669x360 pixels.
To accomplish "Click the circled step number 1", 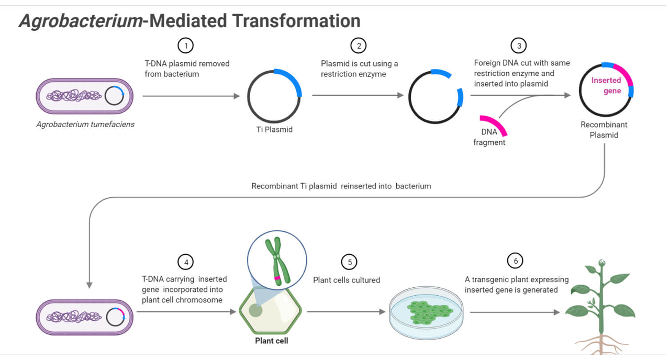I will (x=185, y=46).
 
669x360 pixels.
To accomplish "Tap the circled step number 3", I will (x=518, y=46).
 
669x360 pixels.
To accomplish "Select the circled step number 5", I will (x=349, y=262).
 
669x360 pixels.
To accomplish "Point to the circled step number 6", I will (x=515, y=261).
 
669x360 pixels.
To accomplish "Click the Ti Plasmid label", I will (x=274, y=129).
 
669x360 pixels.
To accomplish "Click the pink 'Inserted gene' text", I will (x=606, y=85).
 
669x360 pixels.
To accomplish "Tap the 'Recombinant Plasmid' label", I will (x=604, y=130).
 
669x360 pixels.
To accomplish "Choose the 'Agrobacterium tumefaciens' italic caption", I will (x=85, y=125).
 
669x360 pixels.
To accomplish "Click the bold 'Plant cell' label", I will (x=271, y=341).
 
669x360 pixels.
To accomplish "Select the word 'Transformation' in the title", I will (x=296, y=21).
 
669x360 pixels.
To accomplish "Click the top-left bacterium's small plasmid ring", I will (x=114, y=96).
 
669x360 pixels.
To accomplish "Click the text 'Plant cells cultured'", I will (x=347, y=280).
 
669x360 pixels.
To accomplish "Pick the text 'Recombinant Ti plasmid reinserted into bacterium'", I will (x=341, y=186).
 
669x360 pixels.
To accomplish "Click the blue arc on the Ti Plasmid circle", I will (x=291, y=80).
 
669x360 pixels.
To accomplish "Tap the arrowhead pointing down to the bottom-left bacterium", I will (x=90, y=285).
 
